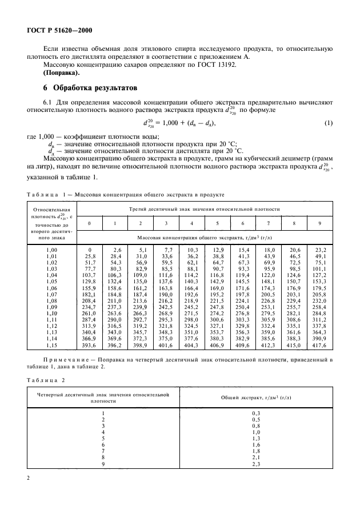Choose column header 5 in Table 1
coord(217,223)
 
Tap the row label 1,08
coord(51,300)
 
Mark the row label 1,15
coord(51,345)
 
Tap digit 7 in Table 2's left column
coord(103,451)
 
